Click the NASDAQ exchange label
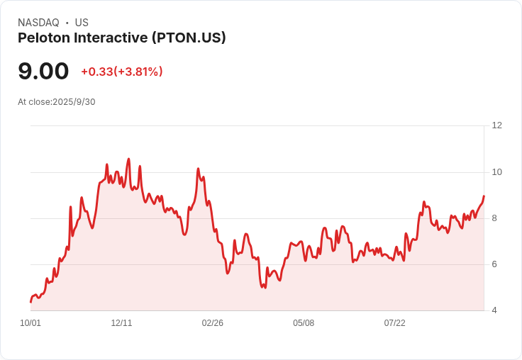[38, 23]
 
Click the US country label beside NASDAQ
[82, 23]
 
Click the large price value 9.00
[43, 72]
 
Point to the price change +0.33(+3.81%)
[121, 72]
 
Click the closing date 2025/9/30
[74, 102]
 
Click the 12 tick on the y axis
[496, 125]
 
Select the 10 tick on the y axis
[496, 172]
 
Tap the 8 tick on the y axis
[494, 218]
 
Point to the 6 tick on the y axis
[494, 264]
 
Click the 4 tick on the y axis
[494, 310]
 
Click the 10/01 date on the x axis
[30, 323]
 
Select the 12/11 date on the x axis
[121, 323]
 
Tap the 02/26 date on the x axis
[212, 323]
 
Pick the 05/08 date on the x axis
[304, 323]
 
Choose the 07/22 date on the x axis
[394, 323]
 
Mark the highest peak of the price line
[128, 159]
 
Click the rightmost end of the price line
[484, 196]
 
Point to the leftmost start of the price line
[30, 302]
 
